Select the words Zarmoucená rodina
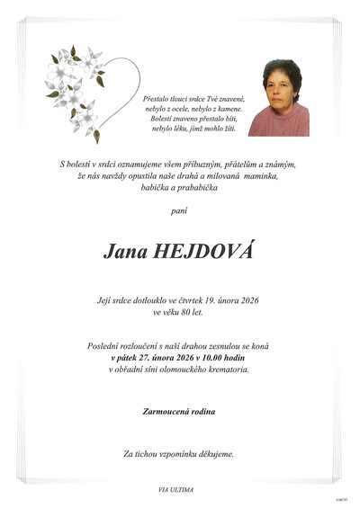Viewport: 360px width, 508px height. pyautogui.click(x=179, y=412)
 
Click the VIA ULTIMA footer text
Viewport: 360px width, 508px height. pyautogui.click(x=175, y=488)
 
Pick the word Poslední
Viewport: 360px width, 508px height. pyautogui.click(x=105, y=345)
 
